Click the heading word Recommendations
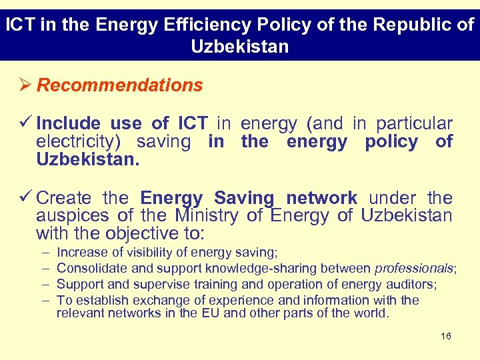point(120,85)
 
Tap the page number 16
point(446,336)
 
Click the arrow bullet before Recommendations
point(26,85)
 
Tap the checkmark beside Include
point(27,123)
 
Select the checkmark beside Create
point(27,198)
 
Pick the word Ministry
point(206,216)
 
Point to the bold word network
point(321,198)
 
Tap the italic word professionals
point(414,268)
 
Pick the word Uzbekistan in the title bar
point(240,47)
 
